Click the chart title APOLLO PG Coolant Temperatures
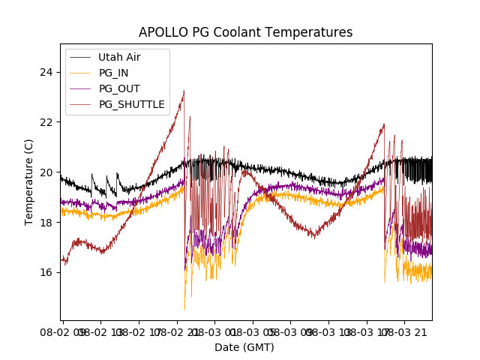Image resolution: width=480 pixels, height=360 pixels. tap(245, 32)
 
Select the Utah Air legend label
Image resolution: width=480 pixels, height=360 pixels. tap(119, 57)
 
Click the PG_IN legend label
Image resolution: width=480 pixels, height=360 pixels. tap(114, 73)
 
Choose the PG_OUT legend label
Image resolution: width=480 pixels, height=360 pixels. tap(119, 88)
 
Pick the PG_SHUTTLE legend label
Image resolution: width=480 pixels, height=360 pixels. tap(131, 104)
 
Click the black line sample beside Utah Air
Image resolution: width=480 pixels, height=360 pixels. tap(80, 57)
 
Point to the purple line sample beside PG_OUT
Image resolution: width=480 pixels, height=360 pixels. tap(80, 88)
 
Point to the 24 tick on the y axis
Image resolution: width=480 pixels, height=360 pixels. tap(47, 72)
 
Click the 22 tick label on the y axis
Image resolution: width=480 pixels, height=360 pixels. tap(47, 122)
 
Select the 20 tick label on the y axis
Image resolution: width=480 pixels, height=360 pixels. tap(47, 172)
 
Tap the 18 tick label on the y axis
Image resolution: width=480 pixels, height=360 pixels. tap(47, 222)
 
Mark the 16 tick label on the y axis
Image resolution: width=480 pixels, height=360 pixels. tap(47, 272)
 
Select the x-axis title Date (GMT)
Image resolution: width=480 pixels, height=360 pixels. tap(244, 347)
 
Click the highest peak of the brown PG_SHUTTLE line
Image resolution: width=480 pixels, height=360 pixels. tap(184, 91)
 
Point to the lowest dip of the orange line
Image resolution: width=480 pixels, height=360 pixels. tap(184, 309)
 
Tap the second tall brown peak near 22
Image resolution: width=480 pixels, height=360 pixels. tap(384, 124)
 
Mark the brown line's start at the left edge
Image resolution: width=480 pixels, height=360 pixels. tap(62, 260)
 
